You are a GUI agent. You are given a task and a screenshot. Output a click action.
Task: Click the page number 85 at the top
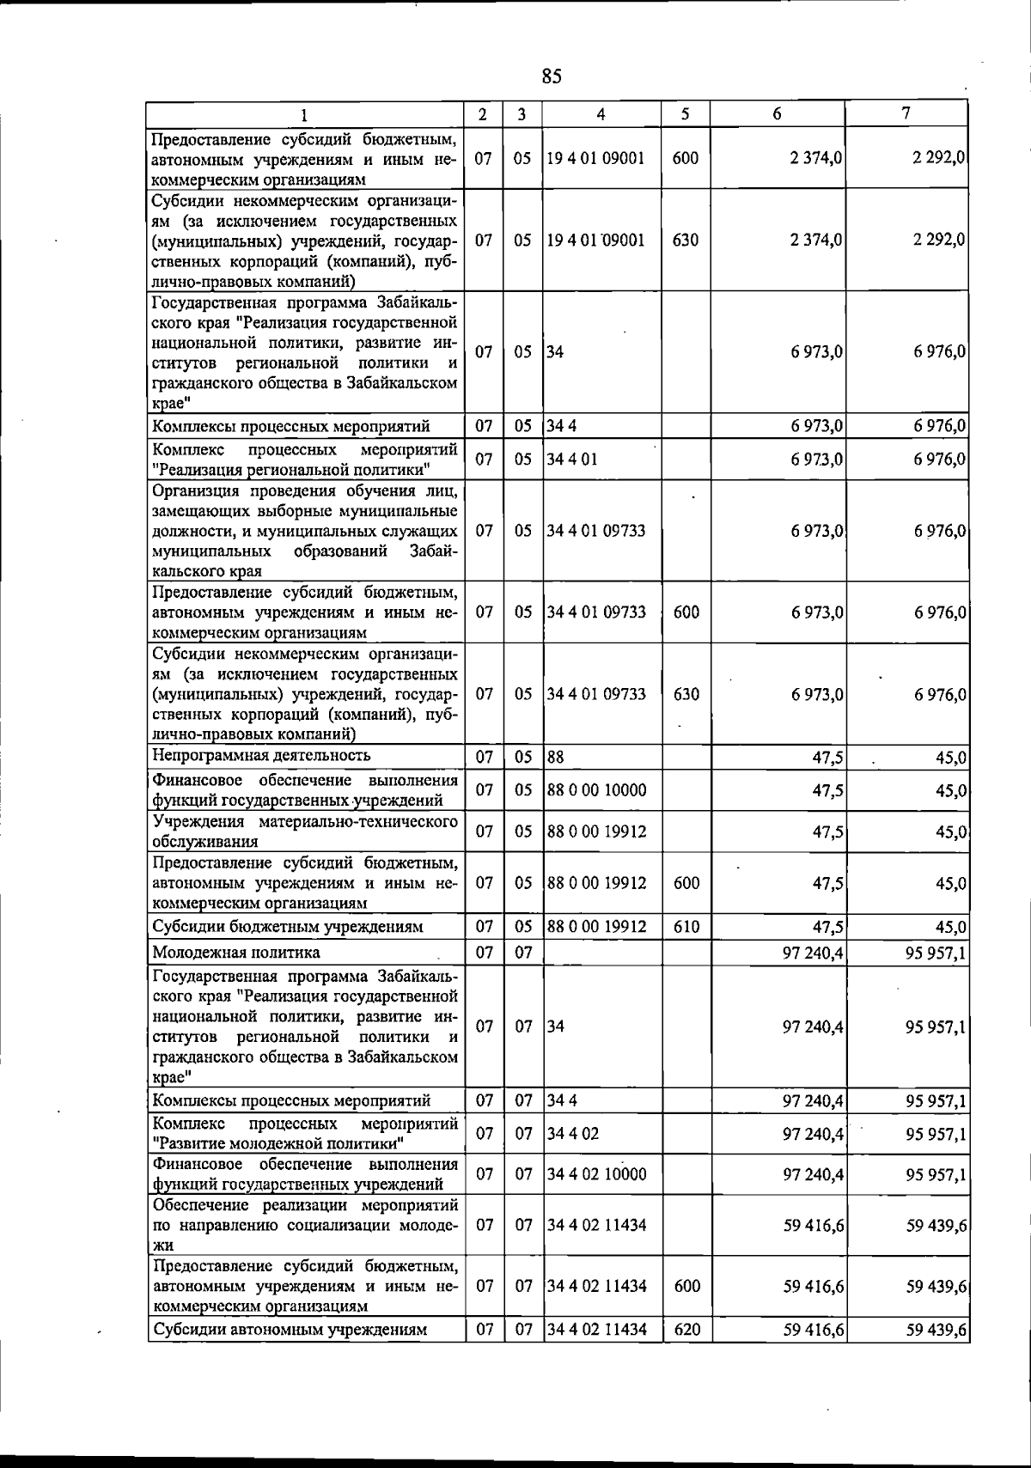552,76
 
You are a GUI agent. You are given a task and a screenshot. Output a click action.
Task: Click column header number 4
601,114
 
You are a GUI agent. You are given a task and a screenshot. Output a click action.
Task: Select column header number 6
777,114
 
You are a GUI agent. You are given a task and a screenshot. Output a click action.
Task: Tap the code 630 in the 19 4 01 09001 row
686,240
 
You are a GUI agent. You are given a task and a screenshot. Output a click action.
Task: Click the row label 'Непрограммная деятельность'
261,755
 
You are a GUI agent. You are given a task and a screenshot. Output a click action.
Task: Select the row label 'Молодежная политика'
236,952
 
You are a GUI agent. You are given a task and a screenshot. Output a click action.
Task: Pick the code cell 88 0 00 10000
597,789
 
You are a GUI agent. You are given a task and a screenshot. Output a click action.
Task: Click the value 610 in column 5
686,927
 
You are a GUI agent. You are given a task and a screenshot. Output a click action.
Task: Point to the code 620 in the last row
686,1354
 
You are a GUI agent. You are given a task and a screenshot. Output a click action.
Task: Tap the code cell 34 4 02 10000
597,1174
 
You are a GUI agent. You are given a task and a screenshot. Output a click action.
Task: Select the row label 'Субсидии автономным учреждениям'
290,1354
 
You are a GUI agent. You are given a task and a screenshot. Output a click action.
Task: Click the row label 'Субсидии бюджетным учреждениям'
288,927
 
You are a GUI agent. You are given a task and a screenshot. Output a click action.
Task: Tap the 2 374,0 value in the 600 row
817,158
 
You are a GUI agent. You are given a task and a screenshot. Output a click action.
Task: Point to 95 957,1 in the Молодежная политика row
936,953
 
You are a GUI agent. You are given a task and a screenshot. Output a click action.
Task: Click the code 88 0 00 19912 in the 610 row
597,927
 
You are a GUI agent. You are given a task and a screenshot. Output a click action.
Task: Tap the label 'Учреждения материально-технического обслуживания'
304,831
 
